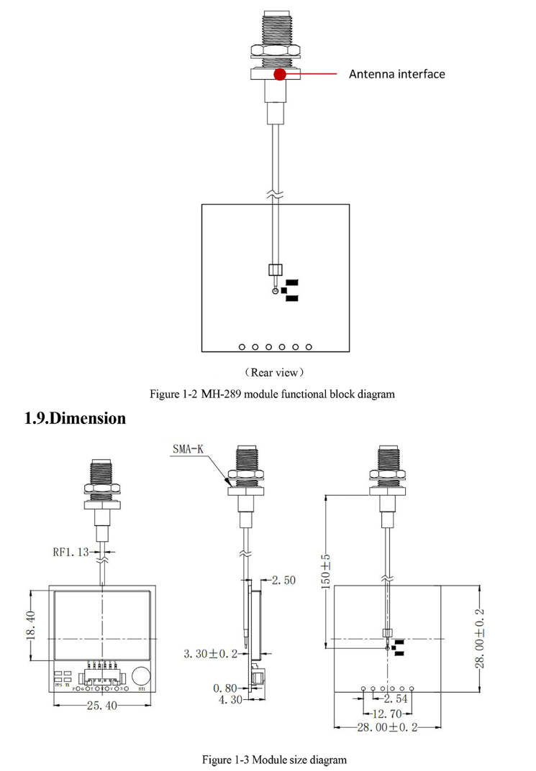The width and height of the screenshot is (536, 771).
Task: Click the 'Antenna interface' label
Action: coord(396,74)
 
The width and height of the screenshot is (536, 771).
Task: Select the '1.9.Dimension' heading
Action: coord(76,418)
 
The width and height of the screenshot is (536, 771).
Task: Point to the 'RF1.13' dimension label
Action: coord(71,552)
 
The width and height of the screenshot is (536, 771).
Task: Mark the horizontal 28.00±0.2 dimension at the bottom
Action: coord(387,728)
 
